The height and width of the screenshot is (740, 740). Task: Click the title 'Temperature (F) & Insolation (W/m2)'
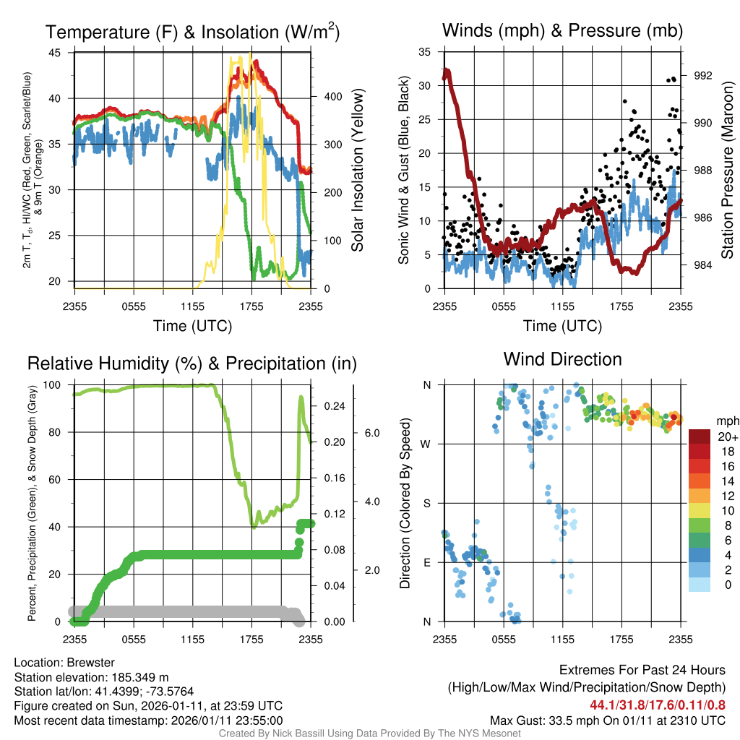tap(193, 32)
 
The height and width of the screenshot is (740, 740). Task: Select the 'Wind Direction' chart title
tap(562, 359)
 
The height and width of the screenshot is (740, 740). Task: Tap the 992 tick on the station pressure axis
tap(702, 76)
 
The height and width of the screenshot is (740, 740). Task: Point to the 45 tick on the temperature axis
tap(55, 53)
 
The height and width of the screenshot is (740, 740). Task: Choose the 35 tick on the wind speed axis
tap(425, 52)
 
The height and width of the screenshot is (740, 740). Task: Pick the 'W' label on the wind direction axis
tap(426, 444)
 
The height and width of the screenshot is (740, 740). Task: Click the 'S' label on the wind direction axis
tap(427, 503)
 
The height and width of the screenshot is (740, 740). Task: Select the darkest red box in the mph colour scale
tap(700, 436)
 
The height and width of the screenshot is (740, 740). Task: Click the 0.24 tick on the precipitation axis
tap(333, 406)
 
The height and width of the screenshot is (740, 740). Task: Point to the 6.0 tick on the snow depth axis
tap(371, 433)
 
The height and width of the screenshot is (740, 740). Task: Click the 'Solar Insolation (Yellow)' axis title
tap(358, 171)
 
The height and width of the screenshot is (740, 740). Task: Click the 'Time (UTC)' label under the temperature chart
tap(192, 326)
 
